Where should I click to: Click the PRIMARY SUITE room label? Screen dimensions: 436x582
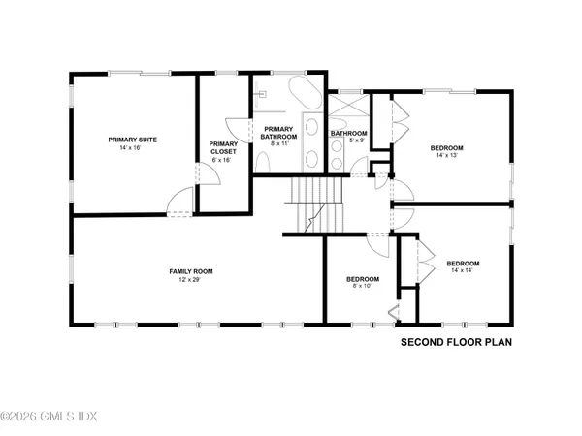coord(133,140)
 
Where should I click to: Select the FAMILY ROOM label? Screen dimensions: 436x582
coord(190,271)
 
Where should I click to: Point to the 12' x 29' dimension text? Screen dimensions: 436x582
coord(190,280)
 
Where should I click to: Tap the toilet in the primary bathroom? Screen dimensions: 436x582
coord(263,94)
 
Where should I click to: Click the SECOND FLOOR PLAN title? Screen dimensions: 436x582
coord(456,342)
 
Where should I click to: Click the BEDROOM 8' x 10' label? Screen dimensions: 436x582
coord(363,280)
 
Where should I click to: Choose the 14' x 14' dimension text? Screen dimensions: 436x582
coord(463,272)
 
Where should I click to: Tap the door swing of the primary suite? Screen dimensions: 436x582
coord(178,202)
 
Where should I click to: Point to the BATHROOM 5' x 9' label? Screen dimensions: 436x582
coord(347,133)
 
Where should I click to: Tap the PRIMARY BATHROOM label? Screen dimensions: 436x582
coord(278,134)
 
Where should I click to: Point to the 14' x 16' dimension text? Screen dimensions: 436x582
coord(133,148)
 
